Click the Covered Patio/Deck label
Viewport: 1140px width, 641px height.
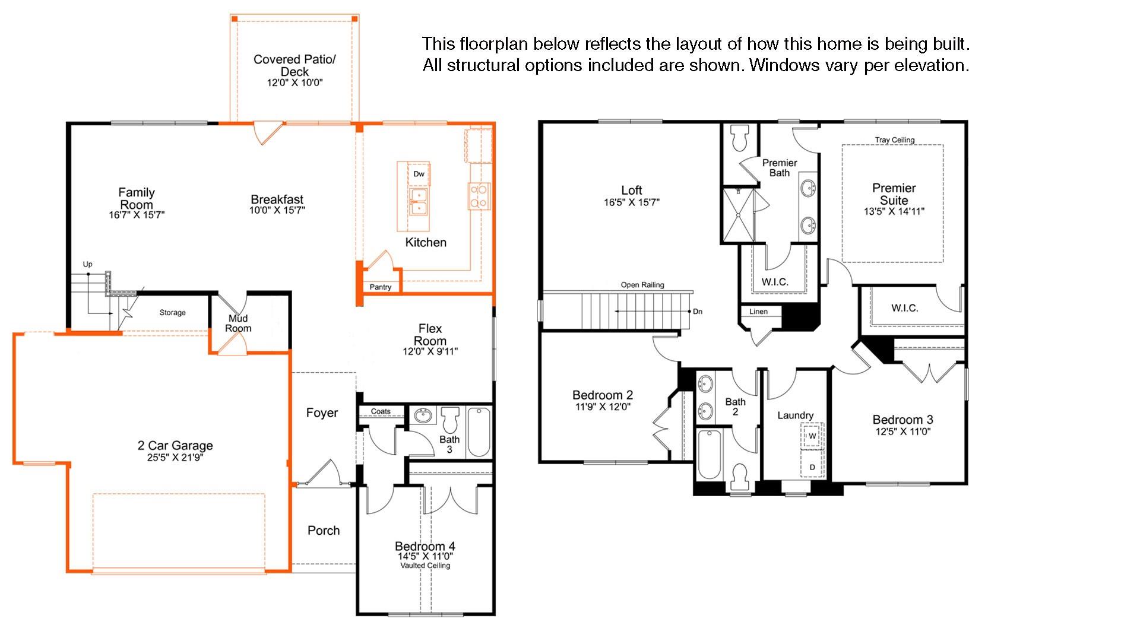(x=294, y=65)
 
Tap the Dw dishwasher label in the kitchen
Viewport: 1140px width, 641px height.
(x=419, y=174)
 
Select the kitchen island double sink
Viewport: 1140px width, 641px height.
(x=419, y=201)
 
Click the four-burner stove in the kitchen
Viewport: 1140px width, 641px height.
(x=479, y=196)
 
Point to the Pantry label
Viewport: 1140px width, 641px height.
(x=381, y=287)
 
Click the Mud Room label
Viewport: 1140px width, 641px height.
(x=238, y=323)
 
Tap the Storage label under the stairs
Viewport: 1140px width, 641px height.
(x=172, y=313)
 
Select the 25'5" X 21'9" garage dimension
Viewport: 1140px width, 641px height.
(x=175, y=458)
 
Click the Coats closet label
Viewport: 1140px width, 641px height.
(x=381, y=411)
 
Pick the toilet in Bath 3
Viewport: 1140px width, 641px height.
(x=451, y=420)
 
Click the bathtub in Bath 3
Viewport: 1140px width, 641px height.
(x=479, y=431)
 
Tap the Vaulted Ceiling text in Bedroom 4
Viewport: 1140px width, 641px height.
(x=425, y=566)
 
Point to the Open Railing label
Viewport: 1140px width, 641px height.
(x=642, y=285)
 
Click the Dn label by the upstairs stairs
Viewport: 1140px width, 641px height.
(x=698, y=312)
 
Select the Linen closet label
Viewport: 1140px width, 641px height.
(x=758, y=312)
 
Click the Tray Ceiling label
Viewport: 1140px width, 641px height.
(x=894, y=140)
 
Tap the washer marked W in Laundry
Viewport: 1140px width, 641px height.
(x=812, y=436)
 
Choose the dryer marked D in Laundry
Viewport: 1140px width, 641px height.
(x=812, y=467)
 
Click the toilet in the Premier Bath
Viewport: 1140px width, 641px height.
(x=740, y=138)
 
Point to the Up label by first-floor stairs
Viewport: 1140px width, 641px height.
(x=88, y=265)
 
